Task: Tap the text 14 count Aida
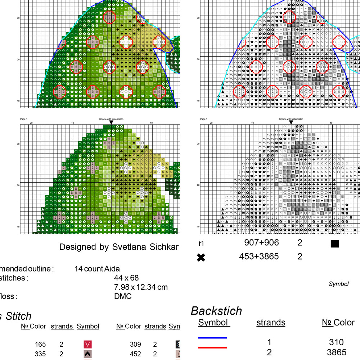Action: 97,269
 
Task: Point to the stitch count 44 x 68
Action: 126,278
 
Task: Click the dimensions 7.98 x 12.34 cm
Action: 141,287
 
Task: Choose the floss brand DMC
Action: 123,296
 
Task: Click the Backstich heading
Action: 216,311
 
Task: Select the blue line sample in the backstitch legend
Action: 212,338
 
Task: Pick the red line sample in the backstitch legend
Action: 212,348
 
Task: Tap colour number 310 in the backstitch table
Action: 336,342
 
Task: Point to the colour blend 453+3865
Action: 259,256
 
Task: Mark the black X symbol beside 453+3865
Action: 202,258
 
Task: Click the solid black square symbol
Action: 335,244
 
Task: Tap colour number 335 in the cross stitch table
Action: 40,354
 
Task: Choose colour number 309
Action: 135,345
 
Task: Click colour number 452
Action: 135,354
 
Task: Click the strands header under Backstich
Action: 271,323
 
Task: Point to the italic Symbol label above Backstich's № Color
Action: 338,284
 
